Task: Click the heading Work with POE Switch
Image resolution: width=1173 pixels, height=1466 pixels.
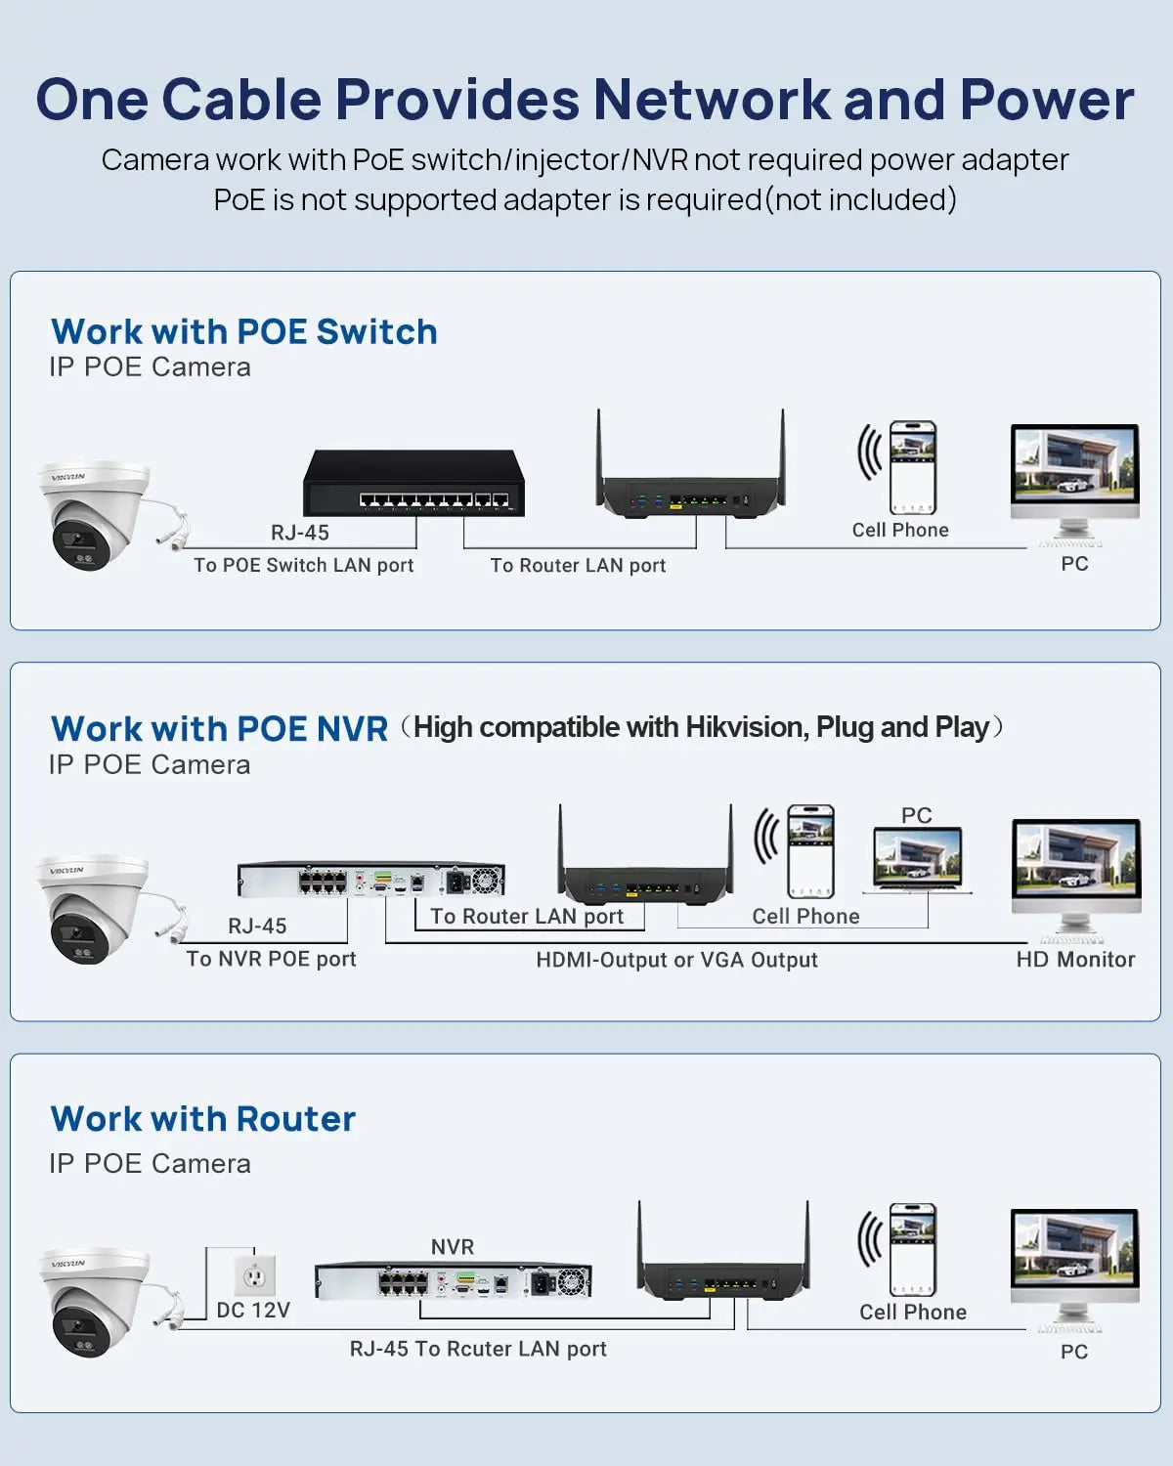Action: pyautogui.click(x=243, y=332)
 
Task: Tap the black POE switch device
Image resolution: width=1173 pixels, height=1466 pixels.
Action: pyautogui.click(x=413, y=483)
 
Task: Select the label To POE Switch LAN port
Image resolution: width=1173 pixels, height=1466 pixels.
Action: pyautogui.click(x=303, y=565)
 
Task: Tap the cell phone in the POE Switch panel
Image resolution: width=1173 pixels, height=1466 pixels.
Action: pyautogui.click(x=912, y=468)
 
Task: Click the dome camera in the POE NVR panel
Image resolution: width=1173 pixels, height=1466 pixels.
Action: pyautogui.click(x=93, y=909)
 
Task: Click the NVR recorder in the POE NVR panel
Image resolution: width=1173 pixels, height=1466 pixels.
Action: pyautogui.click(x=371, y=880)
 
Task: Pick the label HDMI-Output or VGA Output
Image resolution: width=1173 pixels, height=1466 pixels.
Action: pyautogui.click(x=676, y=960)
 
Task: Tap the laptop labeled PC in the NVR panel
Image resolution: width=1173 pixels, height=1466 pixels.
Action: pyautogui.click(x=917, y=860)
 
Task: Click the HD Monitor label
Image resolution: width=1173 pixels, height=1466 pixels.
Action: pyautogui.click(x=1075, y=960)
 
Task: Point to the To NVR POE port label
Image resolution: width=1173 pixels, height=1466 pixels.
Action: pyautogui.click(x=271, y=959)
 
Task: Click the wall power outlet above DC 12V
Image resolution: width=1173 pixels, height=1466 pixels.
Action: pyautogui.click(x=254, y=1275)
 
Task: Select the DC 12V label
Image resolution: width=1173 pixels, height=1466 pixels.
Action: pyautogui.click(x=253, y=1310)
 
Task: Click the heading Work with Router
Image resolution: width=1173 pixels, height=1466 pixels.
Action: pyautogui.click(x=203, y=1119)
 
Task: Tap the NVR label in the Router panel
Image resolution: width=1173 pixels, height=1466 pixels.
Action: pyautogui.click(x=452, y=1247)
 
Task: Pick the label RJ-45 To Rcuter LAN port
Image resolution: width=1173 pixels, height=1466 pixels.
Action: pyautogui.click(x=478, y=1349)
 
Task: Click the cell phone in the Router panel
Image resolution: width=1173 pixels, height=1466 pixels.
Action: pyautogui.click(x=912, y=1250)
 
